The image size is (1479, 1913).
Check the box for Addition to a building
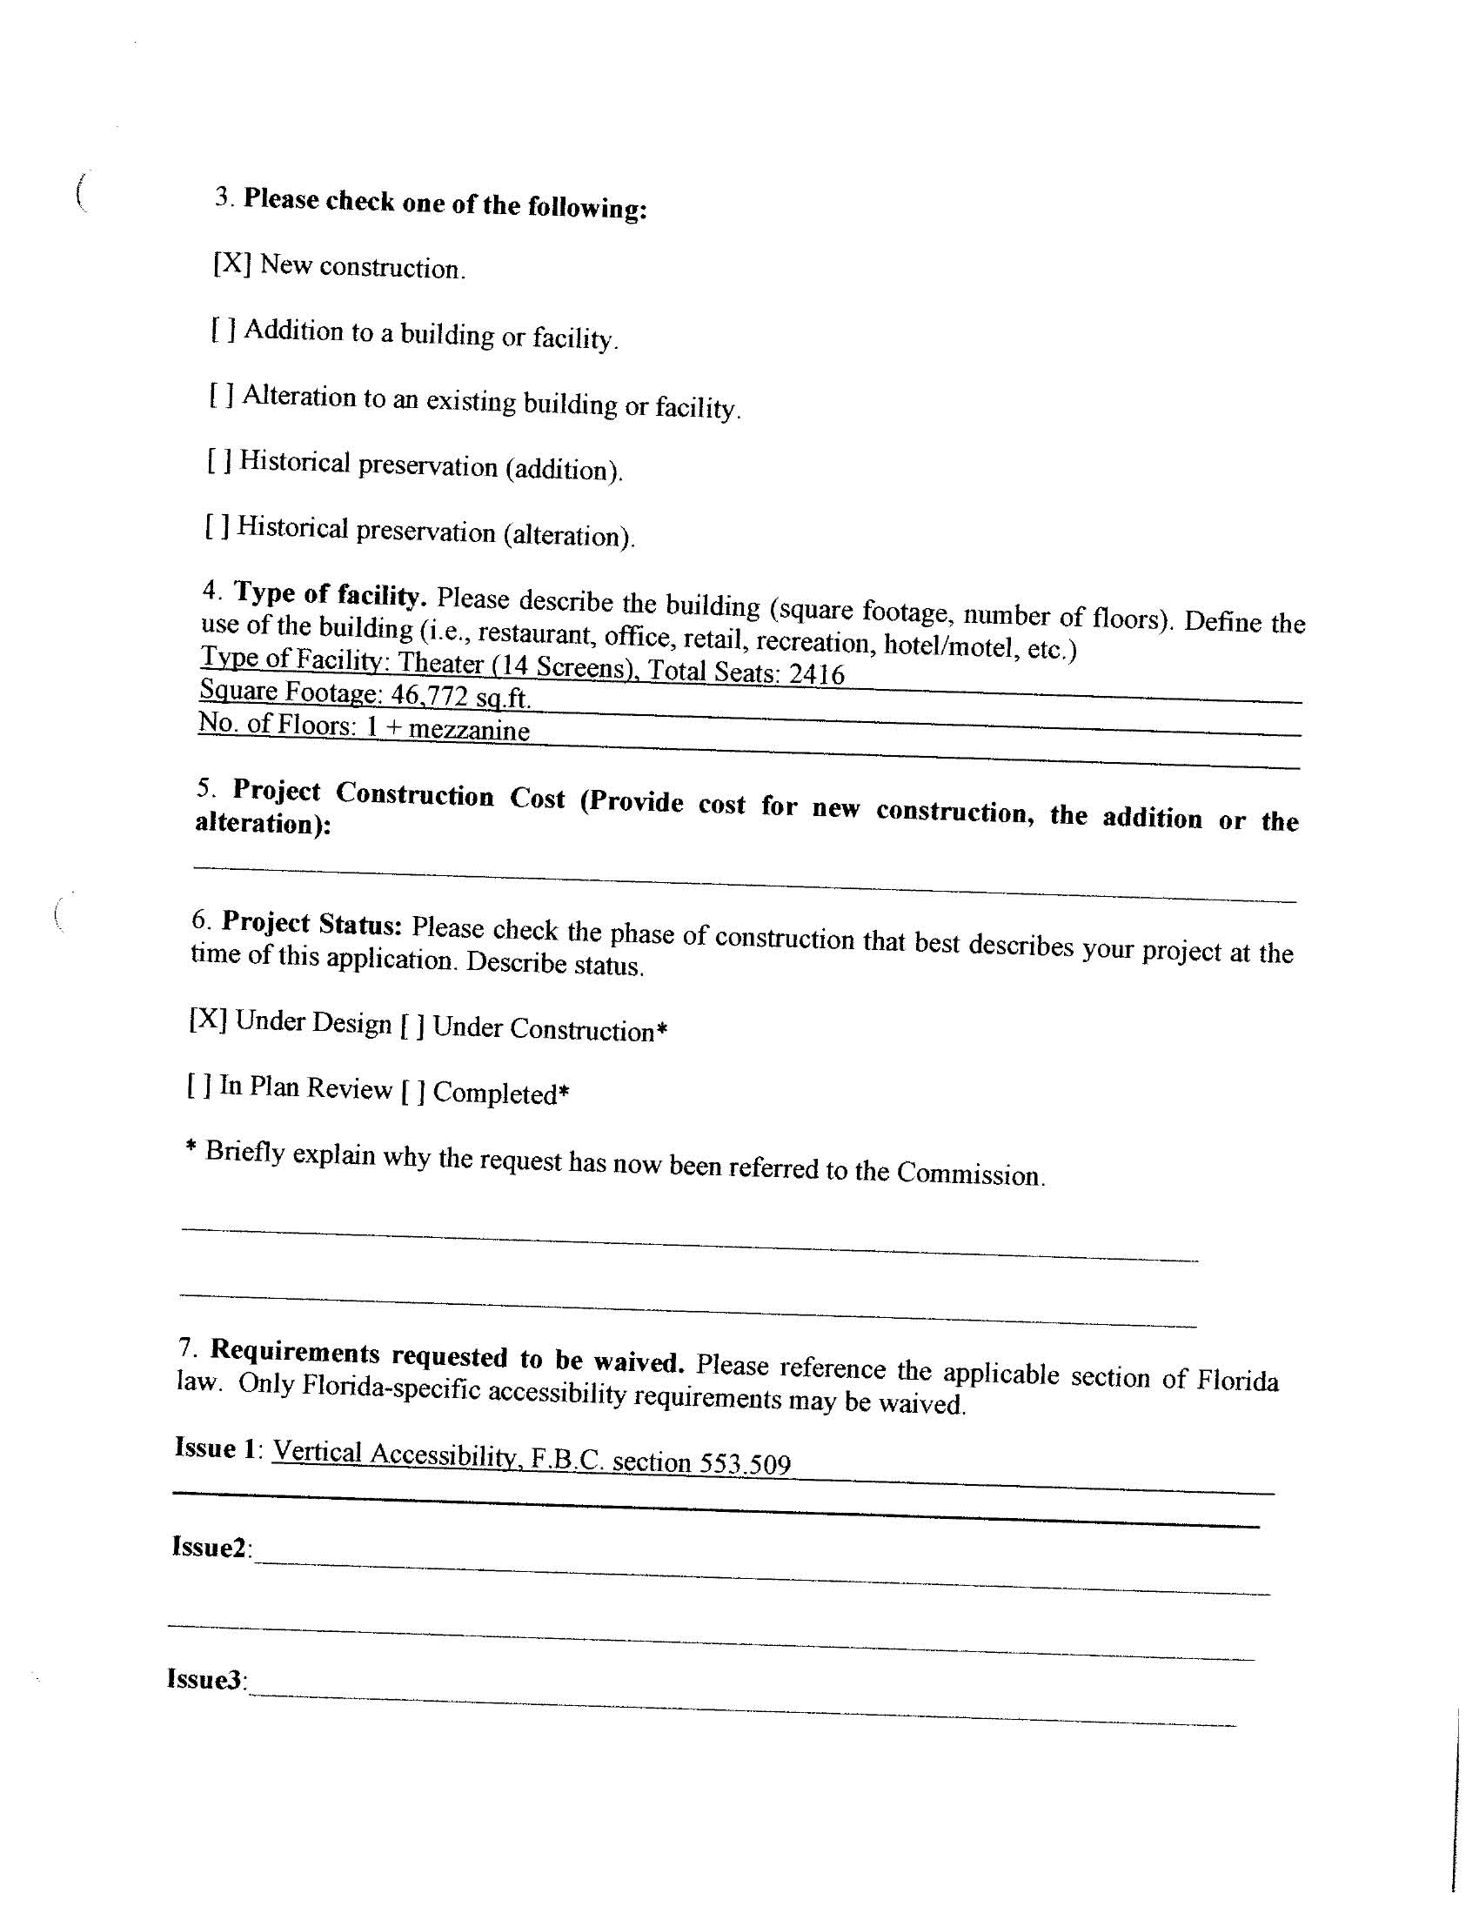click(223, 330)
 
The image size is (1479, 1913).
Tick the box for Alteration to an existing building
click(221, 395)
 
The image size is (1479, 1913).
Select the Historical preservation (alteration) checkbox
click(217, 526)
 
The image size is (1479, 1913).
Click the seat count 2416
click(817, 673)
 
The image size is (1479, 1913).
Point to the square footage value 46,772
click(429, 694)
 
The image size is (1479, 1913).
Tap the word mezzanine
click(469, 730)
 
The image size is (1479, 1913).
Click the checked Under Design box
click(209, 1020)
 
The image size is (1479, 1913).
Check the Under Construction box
click(412, 1026)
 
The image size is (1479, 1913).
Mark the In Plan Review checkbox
click(199, 1087)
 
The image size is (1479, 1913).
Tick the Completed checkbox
click(412, 1092)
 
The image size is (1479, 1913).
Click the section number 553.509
click(745, 1463)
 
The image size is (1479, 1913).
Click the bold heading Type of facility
click(330, 595)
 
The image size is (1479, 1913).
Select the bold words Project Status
click(312, 923)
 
